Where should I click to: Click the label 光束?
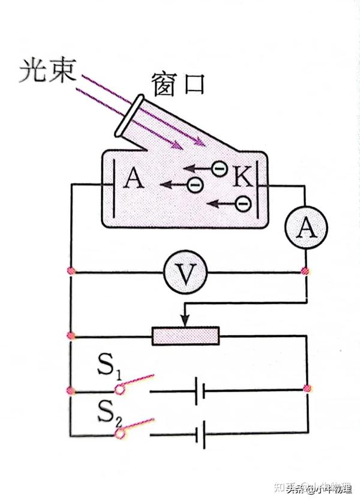click(48, 71)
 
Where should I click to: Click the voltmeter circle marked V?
click(185, 273)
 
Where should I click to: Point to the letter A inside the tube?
click(133, 178)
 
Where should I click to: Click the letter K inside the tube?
click(242, 176)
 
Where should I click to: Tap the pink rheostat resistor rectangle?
click(186, 336)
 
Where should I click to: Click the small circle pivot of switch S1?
click(120, 390)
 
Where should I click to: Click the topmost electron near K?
click(220, 170)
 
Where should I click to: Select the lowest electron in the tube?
click(242, 204)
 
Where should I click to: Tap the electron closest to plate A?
click(194, 185)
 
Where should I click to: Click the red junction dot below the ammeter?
click(305, 272)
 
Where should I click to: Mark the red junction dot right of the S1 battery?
click(307, 389)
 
